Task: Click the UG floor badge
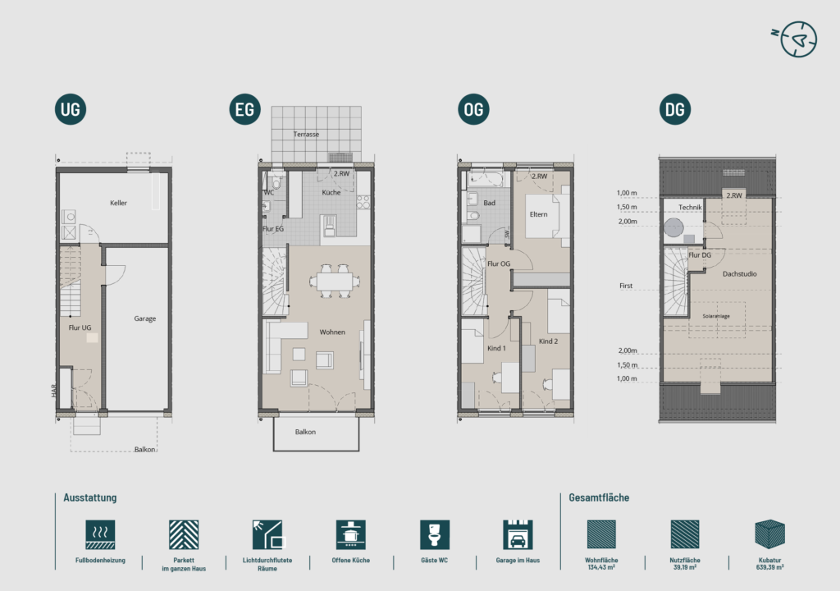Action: pyautogui.click(x=71, y=109)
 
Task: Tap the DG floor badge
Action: pyautogui.click(x=674, y=109)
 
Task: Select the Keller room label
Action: pyautogui.click(x=118, y=203)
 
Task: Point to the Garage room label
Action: pyautogui.click(x=144, y=318)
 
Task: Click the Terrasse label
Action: pyautogui.click(x=306, y=134)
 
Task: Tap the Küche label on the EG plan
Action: pyautogui.click(x=331, y=192)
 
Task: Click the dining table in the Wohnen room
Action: pyautogui.click(x=335, y=281)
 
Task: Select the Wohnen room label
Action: pyautogui.click(x=332, y=332)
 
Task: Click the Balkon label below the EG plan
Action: pyautogui.click(x=305, y=432)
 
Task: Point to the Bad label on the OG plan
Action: pyautogui.click(x=489, y=203)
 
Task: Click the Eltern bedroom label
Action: pyautogui.click(x=538, y=214)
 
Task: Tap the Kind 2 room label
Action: pyautogui.click(x=548, y=341)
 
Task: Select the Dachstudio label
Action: pyautogui.click(x=739, y=273)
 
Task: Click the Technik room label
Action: pyautogui.click(x=690, y=207)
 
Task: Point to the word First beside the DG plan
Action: pyautogui.click(x=626, y=286)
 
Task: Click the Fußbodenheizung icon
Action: pyautogui.click(x=100, y=534)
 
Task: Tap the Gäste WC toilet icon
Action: pyautogui.click(x=435, y=534)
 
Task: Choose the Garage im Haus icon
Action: pyautogui.click(x=518, y=534)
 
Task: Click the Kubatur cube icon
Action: pyautogui.click(x=769, y=534)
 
